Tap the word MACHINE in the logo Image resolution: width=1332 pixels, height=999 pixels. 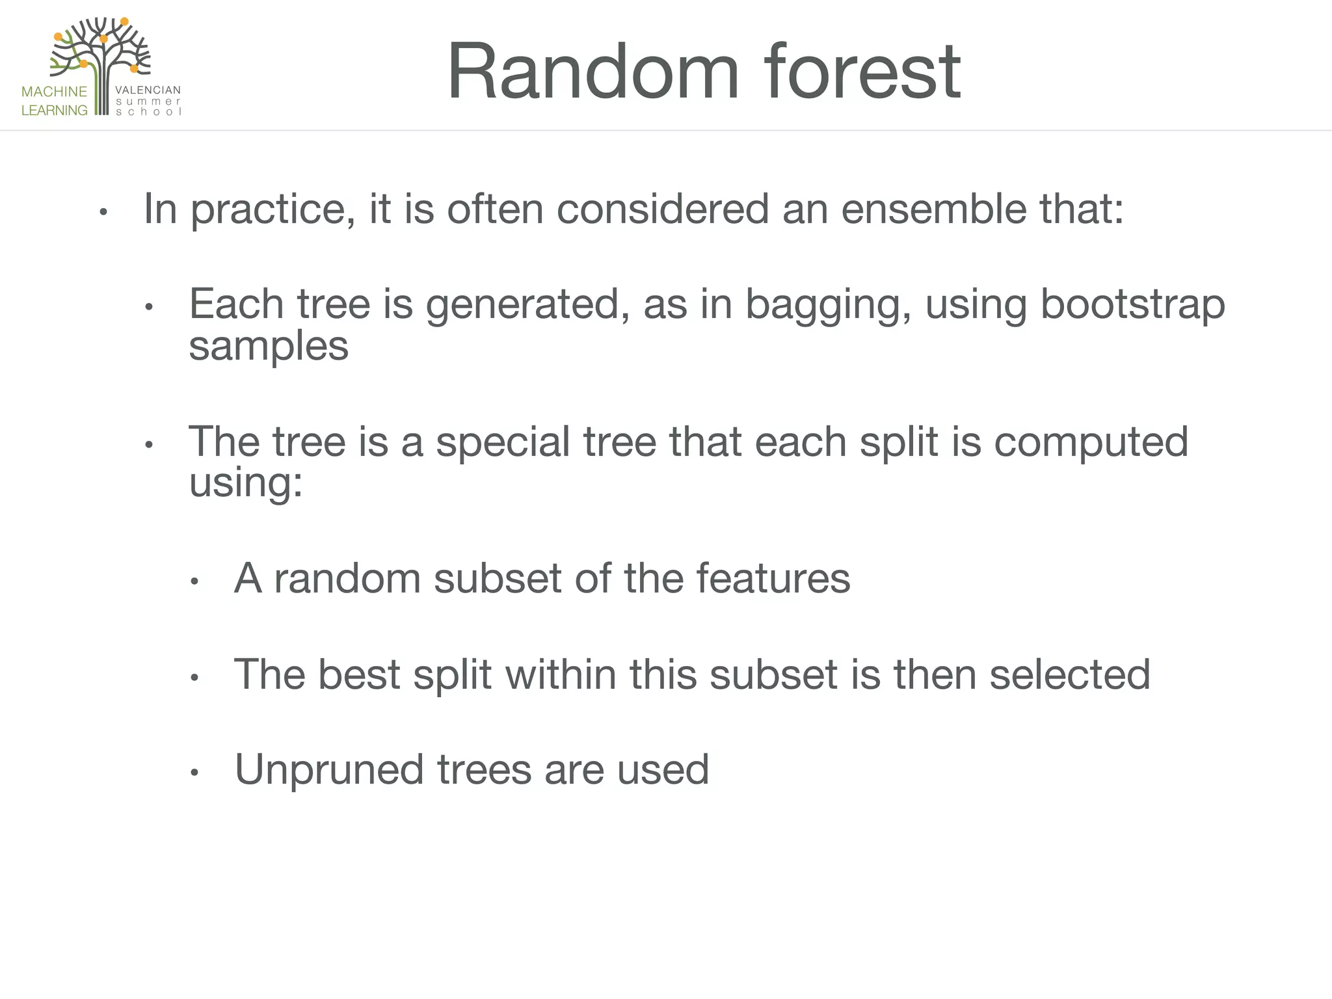(x=54, y=92)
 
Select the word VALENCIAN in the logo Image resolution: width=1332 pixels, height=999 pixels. (x=148, y=90)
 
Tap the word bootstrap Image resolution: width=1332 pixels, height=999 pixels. (x=1132, y=304)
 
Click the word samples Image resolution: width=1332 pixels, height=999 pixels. (x=269, y=347)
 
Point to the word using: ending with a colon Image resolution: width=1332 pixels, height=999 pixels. (x=246, y=484)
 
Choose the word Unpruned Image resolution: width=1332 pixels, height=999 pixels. (x=329, y=770)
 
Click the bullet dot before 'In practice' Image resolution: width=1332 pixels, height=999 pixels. (x=103, y=212)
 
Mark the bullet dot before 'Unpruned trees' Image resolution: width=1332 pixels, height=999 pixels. (x=194, y=773)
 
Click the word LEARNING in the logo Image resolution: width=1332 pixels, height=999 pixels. (x=54, y=111)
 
